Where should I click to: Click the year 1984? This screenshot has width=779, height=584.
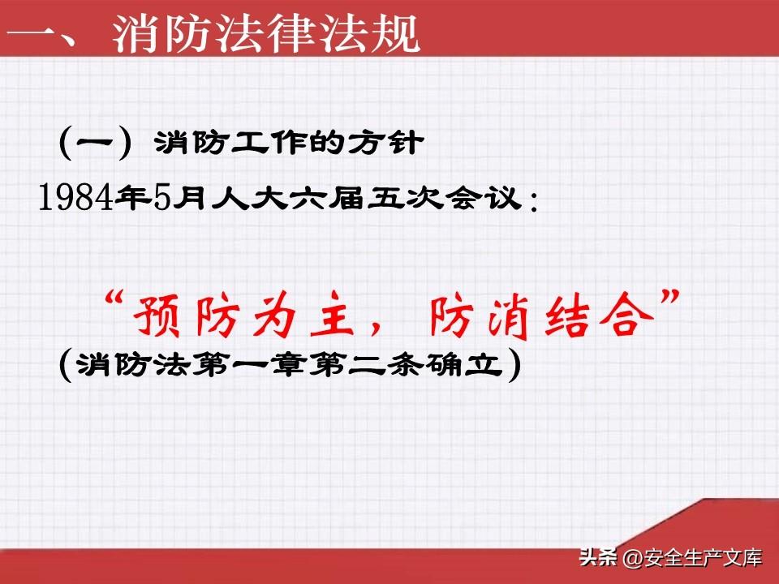(x=75, y=197)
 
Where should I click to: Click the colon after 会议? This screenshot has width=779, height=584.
(x=534, y=202)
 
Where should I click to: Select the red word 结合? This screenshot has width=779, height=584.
(x=599, y=316)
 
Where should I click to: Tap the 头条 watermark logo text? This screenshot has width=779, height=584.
(x=598, y=557)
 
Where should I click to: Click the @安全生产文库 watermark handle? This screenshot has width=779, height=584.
(x=692, y=558)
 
